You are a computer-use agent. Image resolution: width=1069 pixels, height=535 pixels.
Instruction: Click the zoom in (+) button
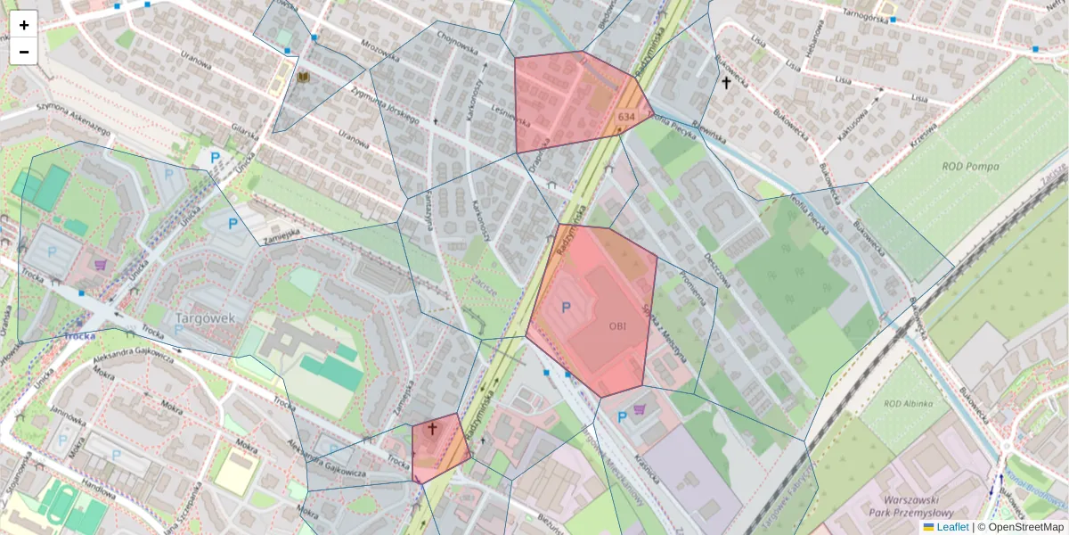pyautogui.click(x=24, y=25)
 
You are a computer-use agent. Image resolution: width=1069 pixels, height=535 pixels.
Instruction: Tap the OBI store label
pyautogui.click(x=617, y=326)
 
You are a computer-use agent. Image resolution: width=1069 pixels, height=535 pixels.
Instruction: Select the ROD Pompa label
pyautogui.click(x=970, y=167)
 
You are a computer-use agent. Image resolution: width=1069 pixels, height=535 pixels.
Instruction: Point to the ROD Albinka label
pyautogui.click(x=908, y=404)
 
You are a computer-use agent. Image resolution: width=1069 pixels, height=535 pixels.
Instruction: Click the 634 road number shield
pyautogui.click(x=625, y=117)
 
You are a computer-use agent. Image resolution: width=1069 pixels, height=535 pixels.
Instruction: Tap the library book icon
pyautogui.click(x=304, y=78)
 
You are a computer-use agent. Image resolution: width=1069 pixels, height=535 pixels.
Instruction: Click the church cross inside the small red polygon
pyautogui.click(x=433, y=429)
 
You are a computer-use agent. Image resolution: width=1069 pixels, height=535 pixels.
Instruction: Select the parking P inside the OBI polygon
pyautogui.click(x=565, y=307)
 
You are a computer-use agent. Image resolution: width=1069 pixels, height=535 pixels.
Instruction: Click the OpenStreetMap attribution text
pyautogui.click(x=1025, y=527)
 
